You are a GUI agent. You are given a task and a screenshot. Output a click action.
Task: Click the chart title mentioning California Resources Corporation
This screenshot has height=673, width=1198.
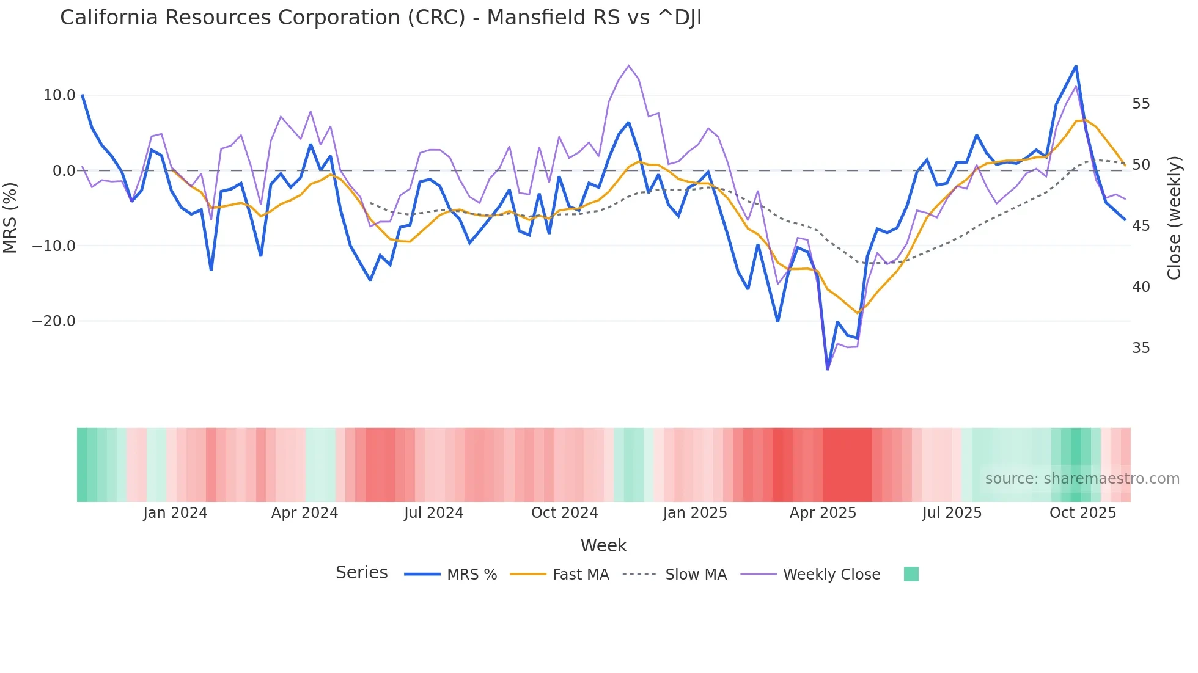coord(381,18)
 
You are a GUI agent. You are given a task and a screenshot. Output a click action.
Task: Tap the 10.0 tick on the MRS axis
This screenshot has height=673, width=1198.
coord(59,95)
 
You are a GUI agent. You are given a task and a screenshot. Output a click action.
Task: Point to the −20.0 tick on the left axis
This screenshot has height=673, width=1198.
coord(54,321)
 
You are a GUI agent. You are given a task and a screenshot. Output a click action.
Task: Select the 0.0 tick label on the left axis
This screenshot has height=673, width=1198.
coord(64,171)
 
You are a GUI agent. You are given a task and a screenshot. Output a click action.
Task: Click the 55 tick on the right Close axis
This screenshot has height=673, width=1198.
coord(1141,104)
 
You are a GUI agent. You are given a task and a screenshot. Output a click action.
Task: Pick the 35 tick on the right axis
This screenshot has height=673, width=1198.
coord(1141,348)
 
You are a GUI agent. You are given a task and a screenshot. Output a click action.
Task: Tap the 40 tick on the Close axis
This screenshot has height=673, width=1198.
coord(1141,287)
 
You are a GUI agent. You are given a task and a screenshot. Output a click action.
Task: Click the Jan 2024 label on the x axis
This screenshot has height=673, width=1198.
coord(175,513)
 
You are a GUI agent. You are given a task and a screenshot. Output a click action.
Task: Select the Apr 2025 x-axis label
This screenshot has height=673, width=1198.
coord(823,513)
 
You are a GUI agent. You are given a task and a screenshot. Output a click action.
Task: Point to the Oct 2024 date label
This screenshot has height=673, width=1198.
coord(564,513)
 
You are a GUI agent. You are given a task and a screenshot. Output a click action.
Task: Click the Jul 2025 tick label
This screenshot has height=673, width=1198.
coord(952,513)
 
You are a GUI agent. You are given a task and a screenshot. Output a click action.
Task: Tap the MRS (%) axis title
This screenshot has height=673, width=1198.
coord(10,217)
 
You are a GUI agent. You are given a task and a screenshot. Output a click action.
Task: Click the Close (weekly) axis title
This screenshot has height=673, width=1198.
coord(1174,217)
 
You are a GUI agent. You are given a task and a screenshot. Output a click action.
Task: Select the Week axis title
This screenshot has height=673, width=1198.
coord(603,545)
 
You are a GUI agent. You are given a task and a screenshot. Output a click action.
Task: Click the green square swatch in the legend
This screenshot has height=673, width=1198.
coord(911,574)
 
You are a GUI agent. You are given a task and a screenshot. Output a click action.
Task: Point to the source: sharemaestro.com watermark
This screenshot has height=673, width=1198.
coord(1082,479)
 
